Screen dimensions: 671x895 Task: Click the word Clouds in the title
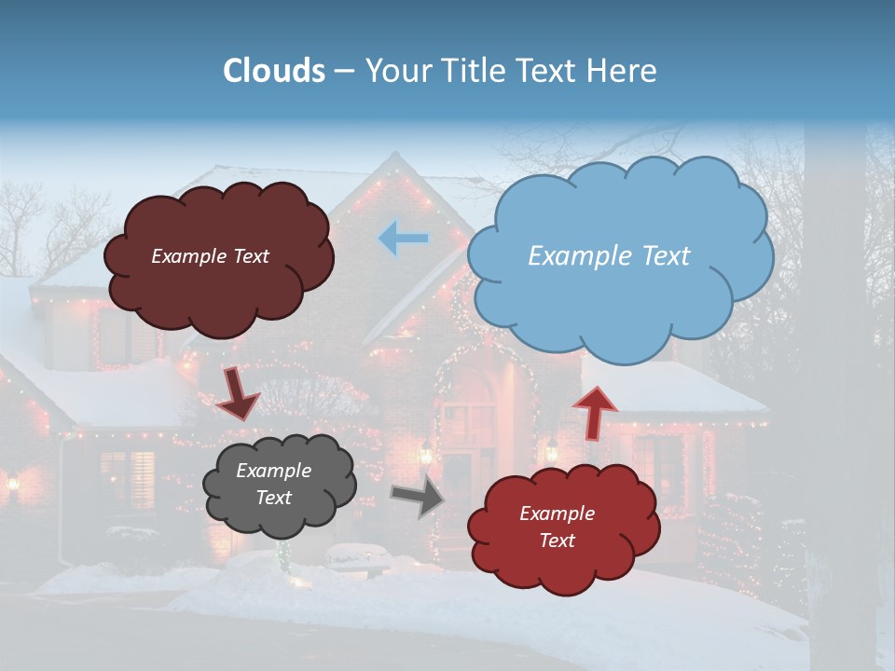tap(273, 71)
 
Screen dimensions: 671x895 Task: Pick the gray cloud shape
tap(279, 484)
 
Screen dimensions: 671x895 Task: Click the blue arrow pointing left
tap(404, 239)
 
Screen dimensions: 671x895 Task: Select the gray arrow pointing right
tap(418, 499)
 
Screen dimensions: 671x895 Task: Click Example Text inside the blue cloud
tap(609, 256)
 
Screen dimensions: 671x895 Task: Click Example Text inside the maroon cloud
tap(210, 256)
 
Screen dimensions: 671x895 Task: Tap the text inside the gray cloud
tap(273, 484)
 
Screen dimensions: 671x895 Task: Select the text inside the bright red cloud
tap(557, 527)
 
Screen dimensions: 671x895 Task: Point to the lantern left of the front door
tap(426, 453)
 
